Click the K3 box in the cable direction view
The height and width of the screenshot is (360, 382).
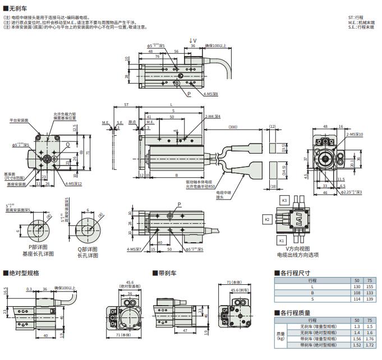coord(284,200)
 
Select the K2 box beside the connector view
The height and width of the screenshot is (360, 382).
coord(268,219)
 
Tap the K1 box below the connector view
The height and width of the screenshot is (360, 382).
coord(282,240)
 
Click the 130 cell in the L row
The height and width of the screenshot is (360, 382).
coord(353,286)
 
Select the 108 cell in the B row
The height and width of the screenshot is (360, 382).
coord(353,293)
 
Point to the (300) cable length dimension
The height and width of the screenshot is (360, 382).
coord(233,127)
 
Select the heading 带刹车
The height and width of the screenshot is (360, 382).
coord(167,273)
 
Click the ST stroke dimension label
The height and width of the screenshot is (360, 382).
coord(126,105)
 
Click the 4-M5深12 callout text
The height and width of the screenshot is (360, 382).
coord(73,183)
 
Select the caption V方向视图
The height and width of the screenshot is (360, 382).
coord(293,248)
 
